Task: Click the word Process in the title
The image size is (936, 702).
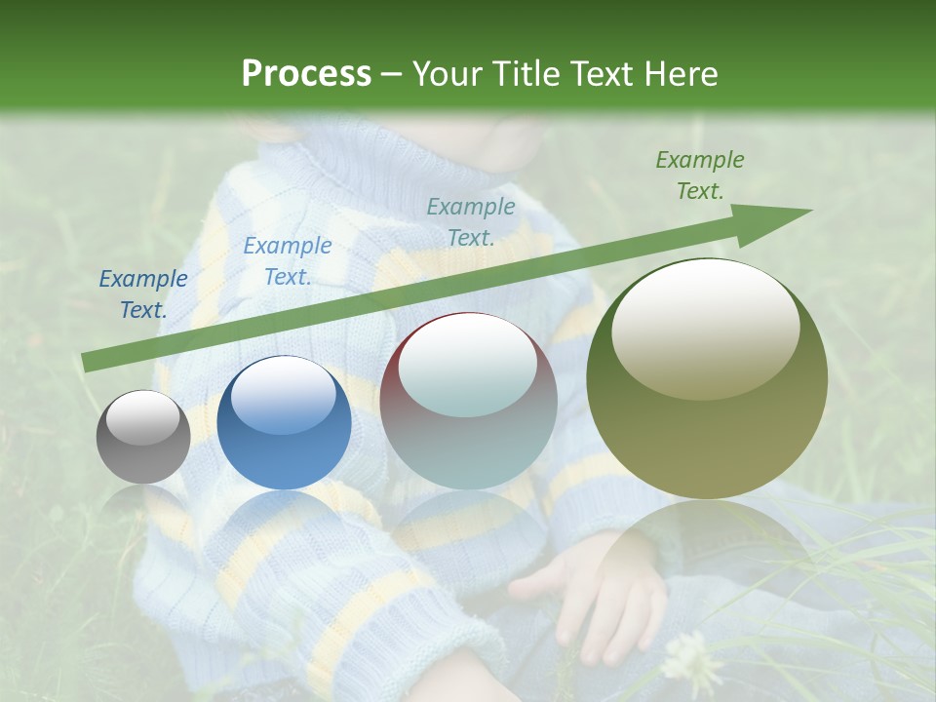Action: click(x=306, y=74)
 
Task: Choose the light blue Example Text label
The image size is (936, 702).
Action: click(x=287, y=261)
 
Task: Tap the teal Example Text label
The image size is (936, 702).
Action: click(x=471, y=221)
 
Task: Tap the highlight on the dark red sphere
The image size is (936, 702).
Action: click(x=468, y=365)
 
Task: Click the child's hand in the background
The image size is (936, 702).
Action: click(x=585, y=595)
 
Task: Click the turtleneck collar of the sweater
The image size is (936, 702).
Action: click(x=390, y=166)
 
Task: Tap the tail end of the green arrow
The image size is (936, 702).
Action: click(x=88, y=362)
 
